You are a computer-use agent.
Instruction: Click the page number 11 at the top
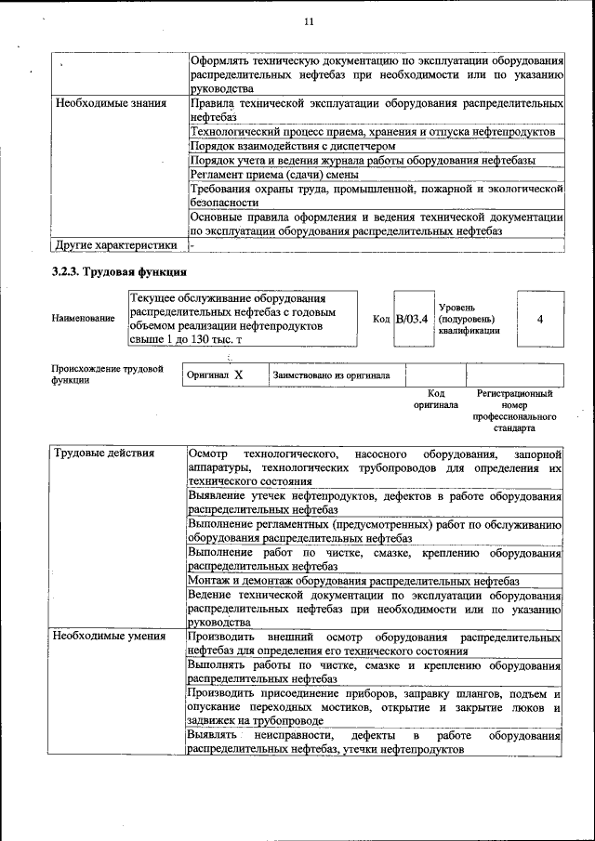pos(310,21)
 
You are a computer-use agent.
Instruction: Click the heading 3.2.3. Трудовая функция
pos(119,272)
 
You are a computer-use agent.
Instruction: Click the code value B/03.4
pos(412,319)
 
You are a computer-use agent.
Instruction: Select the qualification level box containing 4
pos(539,319)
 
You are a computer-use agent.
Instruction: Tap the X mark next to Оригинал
pos(238,375)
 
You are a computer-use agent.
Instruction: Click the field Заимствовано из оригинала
pos(331,375)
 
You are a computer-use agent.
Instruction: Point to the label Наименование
pos(84,319)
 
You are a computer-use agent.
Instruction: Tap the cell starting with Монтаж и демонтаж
pos(352,581)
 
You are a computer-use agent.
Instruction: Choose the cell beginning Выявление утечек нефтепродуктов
pos(375,503)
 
